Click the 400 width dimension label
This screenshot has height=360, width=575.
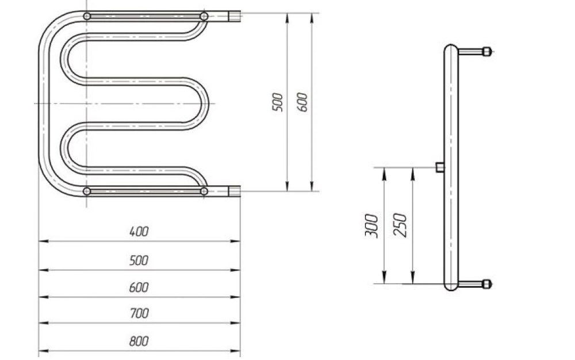click(x=139, y=232)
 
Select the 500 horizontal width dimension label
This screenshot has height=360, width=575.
click(x=139, y=261)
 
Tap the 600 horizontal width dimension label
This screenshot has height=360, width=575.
click(x=139, y=288)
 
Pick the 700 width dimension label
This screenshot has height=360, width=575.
click(x=139, y=313)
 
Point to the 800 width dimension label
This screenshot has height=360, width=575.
click(x=139, y=341)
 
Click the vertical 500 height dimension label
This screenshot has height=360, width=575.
click(x=278, y=102)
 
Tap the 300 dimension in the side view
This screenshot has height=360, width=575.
click(x=371, y=225)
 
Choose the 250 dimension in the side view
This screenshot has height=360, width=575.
click(x=400, y=225)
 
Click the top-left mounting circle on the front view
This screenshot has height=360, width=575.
click(x=87, y=16)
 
